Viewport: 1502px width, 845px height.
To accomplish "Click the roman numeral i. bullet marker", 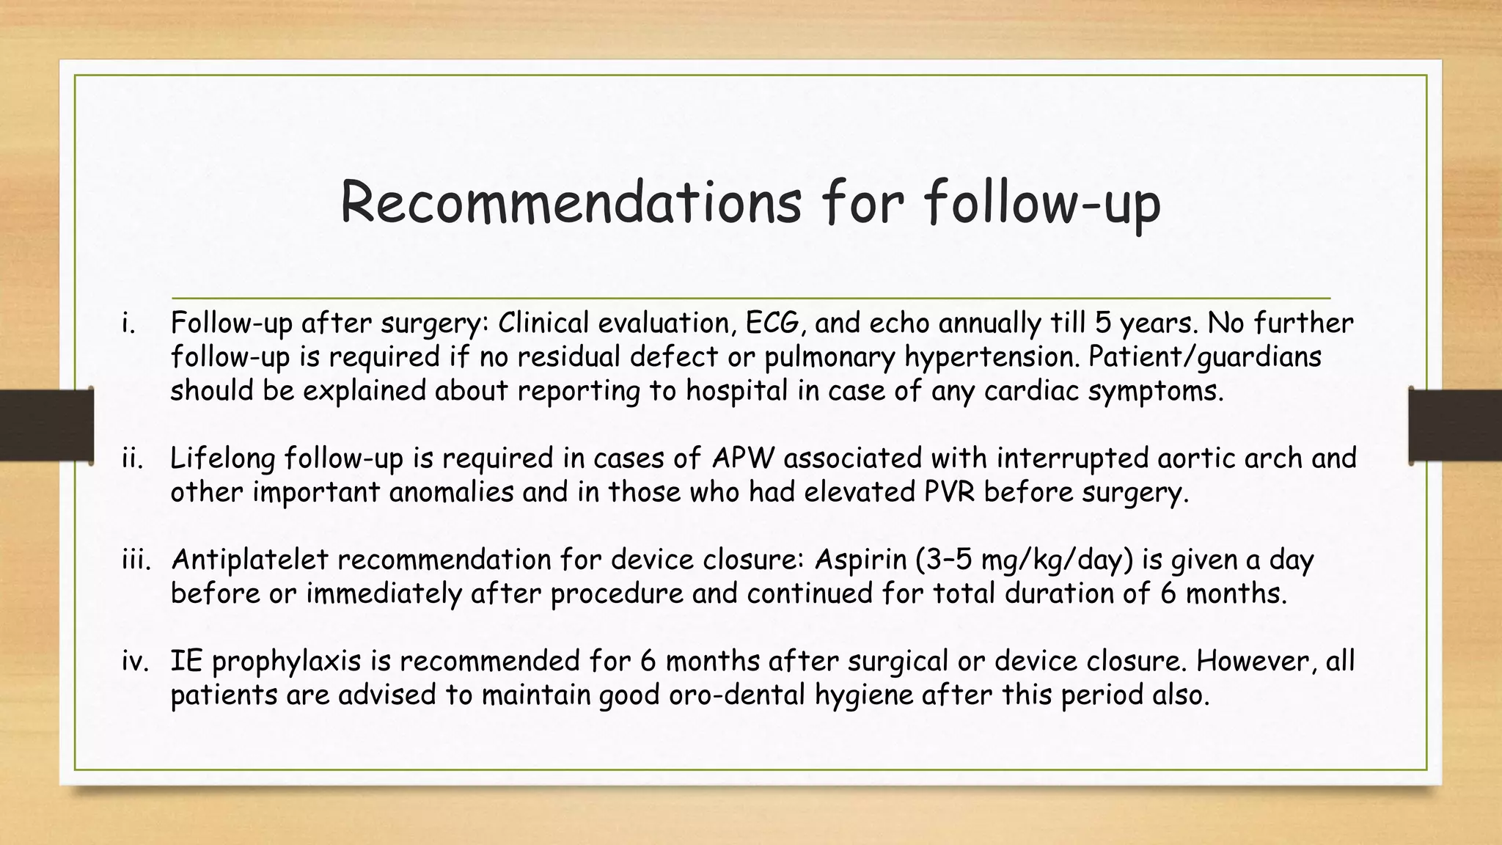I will (x=129, y=323).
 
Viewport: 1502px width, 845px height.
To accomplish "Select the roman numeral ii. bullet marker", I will (x=131, y=458).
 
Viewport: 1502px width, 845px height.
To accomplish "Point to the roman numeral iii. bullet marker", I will (x=136, y=560).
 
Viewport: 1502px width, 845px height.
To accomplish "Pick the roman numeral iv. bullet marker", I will (x=134, y=661).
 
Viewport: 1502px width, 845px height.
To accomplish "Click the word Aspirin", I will (x=860, y=560).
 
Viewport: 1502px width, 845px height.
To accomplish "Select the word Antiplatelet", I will (x=249, y=560).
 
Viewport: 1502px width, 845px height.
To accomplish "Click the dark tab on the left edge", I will (x=46, y=425).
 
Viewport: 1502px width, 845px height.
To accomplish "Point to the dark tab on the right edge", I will (x=1455, y=425).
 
